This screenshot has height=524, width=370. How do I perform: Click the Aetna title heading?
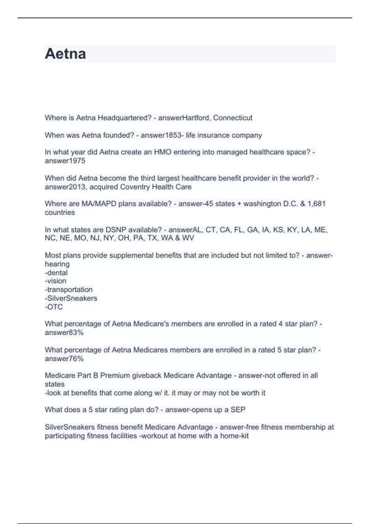65,54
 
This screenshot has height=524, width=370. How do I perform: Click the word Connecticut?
233,118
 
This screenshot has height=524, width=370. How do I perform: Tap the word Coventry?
134,187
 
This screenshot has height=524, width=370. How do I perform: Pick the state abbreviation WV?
188,238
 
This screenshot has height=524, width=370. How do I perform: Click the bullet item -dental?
56,272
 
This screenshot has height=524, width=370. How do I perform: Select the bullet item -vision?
55,281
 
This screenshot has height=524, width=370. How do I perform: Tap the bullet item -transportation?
69,289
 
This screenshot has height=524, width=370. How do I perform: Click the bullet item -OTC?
54,307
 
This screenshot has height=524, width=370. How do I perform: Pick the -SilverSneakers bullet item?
71,298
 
